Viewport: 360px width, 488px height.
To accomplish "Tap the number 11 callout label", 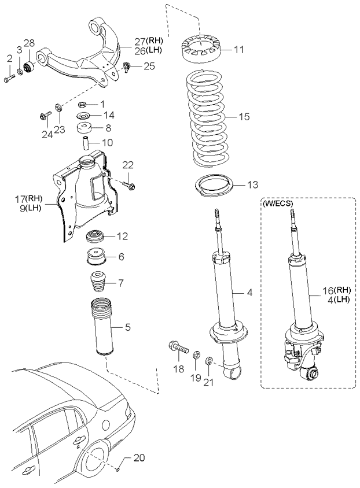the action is pos(239,50).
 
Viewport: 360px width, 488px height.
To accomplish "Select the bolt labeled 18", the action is pos(179,348).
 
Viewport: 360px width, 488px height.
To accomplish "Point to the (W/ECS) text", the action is pos(278,204).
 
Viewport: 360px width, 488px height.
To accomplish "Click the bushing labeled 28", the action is pos(29,67).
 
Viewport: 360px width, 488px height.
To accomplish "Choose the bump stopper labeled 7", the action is pos(98,283).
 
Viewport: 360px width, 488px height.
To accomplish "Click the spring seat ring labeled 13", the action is pos(214,186).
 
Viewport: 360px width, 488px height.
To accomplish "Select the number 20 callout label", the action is pos(139,458).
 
